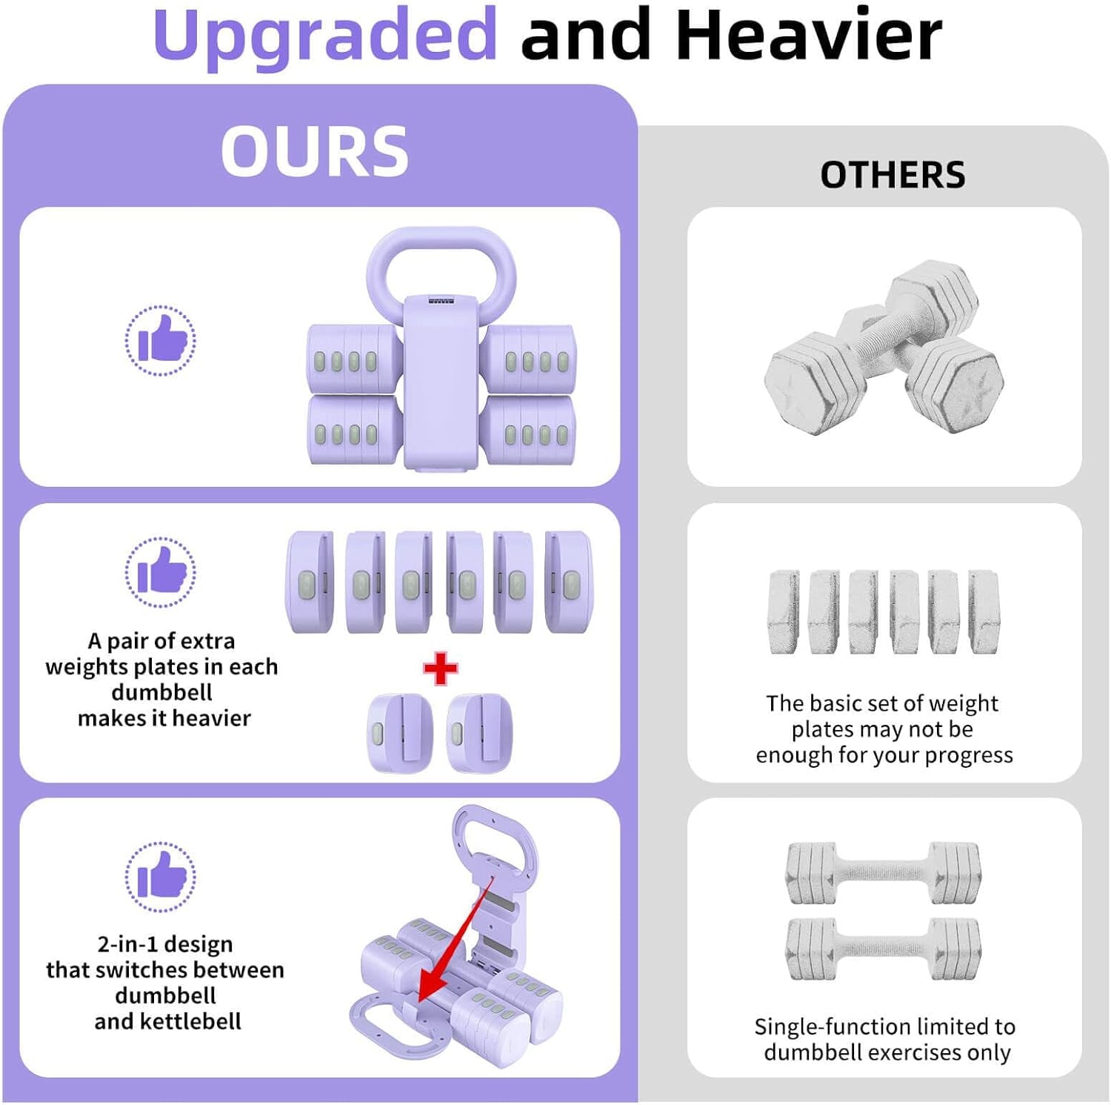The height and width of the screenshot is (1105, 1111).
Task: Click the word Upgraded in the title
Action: tap(324, 36)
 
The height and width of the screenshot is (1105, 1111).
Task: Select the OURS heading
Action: tap(314, 151)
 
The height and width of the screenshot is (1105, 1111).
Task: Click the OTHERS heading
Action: tap(893, 176)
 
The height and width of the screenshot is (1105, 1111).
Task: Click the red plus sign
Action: tap(441, 668)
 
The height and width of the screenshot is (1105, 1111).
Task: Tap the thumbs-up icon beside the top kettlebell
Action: tap(161, 341)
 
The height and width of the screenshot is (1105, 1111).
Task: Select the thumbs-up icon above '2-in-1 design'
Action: tap(161, 877)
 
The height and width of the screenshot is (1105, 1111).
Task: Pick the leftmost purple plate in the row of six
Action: tap(310, 582)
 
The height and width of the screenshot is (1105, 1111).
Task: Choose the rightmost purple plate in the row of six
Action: tap(569, 582)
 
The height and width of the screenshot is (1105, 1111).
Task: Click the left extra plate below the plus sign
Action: tap(400, 732)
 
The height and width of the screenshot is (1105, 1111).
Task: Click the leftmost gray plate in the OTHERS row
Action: tap(784, 612)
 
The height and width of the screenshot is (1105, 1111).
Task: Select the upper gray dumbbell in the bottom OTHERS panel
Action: tap(883, 873)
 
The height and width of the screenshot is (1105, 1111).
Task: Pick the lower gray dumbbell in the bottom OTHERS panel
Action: tap(883, 949)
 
